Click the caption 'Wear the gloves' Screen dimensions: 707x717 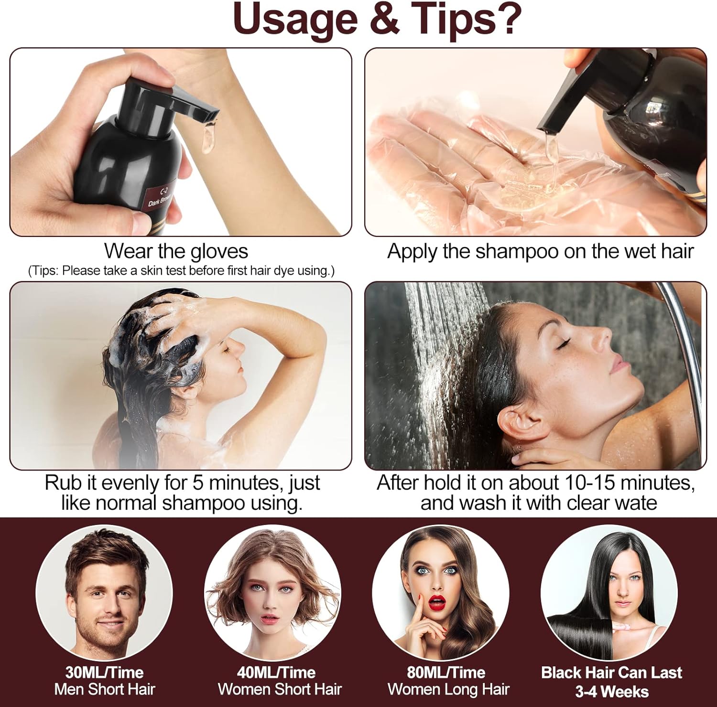point(176,251)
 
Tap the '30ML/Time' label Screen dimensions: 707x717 point(104,672)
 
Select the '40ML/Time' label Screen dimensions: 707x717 point(276,672)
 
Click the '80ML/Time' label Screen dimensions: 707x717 point(446,672)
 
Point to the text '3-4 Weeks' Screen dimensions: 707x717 point(611,691)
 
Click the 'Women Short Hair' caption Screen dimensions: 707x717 point(280,689)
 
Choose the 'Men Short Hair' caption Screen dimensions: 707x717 point(105,689)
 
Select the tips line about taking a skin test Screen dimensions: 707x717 point(181,270)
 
